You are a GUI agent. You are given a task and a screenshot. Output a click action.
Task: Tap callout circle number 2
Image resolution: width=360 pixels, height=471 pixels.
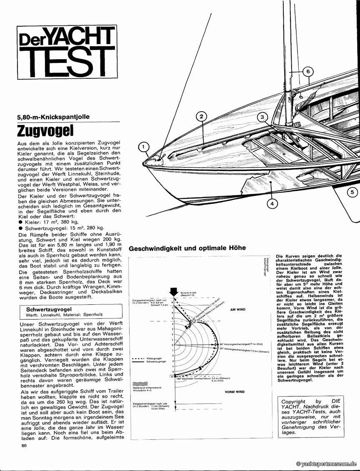[200, 116]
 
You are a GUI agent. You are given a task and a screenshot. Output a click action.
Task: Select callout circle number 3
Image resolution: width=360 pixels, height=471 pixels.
[262, 118]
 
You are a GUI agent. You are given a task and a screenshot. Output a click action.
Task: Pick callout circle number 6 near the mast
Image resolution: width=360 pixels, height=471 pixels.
[307, 71]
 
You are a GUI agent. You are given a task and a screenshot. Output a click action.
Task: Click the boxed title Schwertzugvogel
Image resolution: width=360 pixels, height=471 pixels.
[49, 310]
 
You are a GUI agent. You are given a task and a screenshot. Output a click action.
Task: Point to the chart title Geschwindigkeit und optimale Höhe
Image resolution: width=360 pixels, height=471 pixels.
[187, 248]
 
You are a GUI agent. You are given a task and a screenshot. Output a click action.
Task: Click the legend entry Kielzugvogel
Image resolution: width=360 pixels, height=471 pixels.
[154, 358]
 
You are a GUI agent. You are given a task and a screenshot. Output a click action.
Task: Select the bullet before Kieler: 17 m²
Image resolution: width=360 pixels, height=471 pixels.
[20, 222]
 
